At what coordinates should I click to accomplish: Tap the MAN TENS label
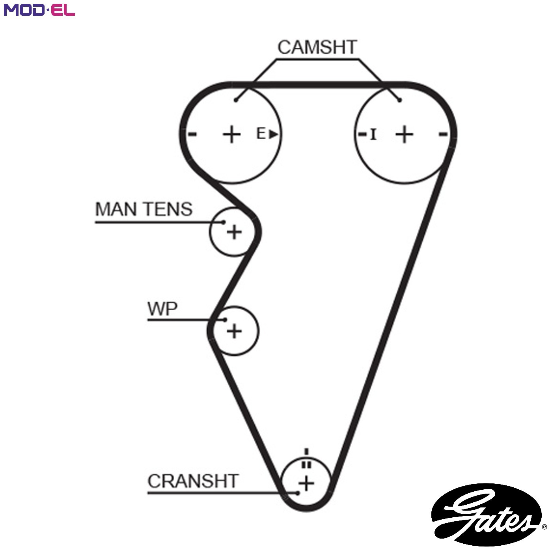pos(144,209)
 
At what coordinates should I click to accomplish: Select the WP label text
pos(162,309)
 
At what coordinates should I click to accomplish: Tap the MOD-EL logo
pos(39,10)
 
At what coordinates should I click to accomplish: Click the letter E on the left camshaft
pos(261,134)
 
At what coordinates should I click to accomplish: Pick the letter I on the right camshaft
pos(373,134)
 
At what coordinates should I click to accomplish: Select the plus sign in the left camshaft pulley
pos(231,134)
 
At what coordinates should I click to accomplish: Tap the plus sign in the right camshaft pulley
pos(404,134)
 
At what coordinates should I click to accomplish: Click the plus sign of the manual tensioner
pos(234,231)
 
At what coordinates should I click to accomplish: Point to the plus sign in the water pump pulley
pos(234,331)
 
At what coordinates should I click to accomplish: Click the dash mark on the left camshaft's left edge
pos(192,134)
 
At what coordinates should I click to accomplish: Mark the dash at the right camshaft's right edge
pos(443,134)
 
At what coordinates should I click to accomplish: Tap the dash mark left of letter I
pos(362,134)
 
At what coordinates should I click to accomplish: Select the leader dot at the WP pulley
pos(225,320)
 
